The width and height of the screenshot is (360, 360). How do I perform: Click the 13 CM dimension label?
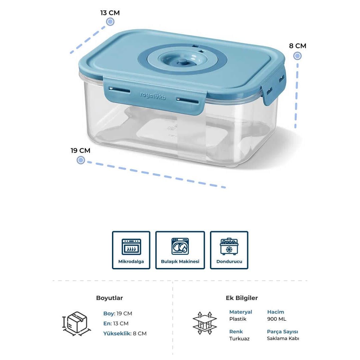click(110, 13)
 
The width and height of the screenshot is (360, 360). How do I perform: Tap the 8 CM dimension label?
click(298, 46)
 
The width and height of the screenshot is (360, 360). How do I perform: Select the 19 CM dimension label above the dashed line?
click(80, 151)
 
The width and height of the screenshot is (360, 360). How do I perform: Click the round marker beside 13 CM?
click(110, 22)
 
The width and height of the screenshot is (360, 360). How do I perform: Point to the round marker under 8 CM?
click(297, 56)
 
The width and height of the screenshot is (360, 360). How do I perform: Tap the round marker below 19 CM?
click(81, 160)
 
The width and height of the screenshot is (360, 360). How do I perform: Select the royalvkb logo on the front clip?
click(153, 96)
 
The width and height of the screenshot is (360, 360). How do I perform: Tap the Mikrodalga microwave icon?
click(131, 247)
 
